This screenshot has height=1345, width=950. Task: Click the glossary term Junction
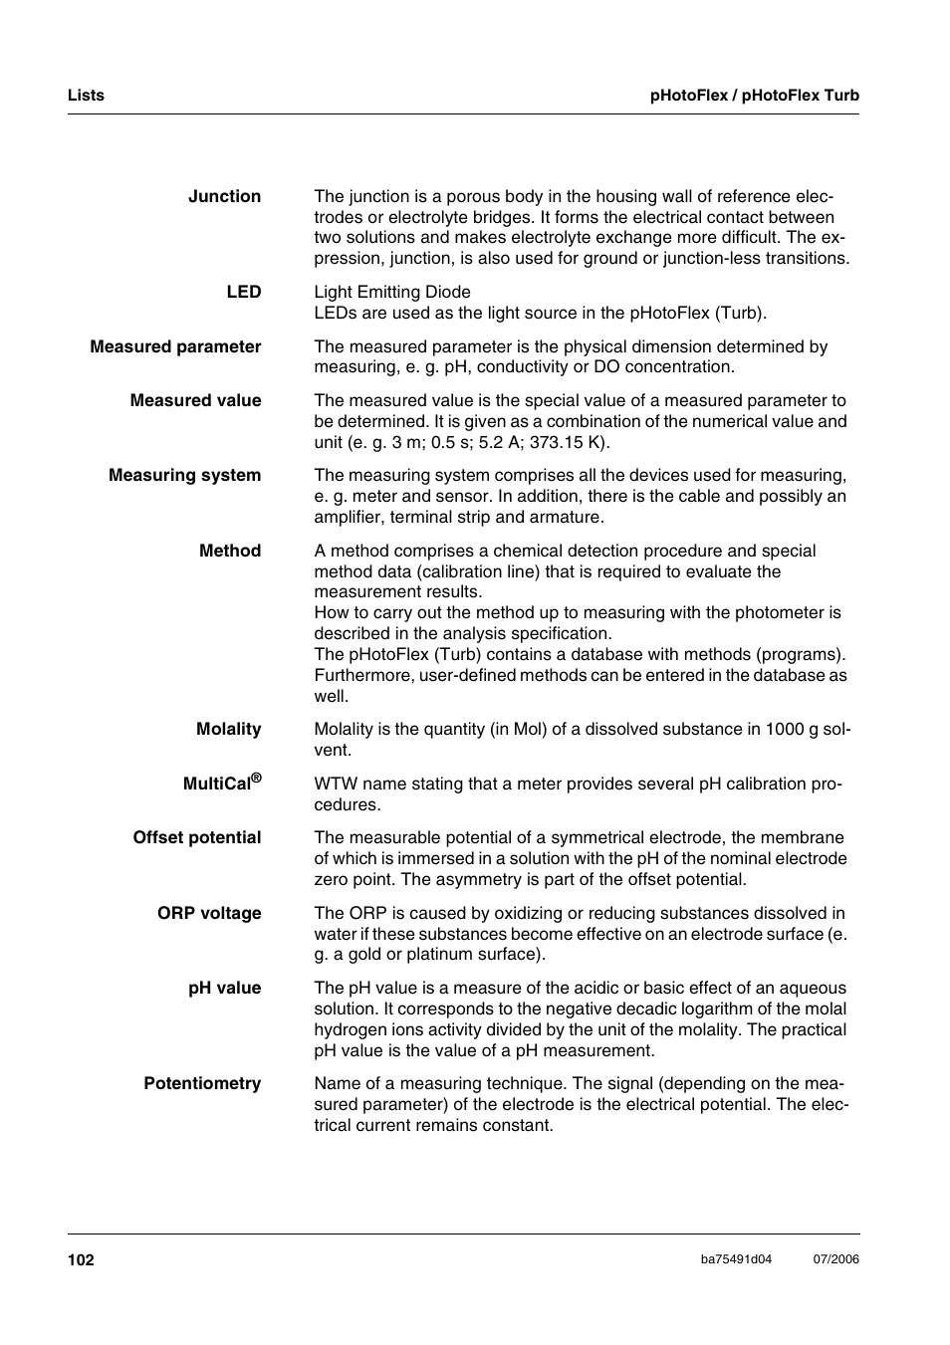(224, 197)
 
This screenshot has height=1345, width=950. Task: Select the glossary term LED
(243, 293)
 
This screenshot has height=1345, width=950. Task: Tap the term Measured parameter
(175, 347)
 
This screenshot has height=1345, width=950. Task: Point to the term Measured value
(195, 401)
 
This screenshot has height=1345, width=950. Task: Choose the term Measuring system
(184, 476)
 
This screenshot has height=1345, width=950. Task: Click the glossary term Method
(229, 552)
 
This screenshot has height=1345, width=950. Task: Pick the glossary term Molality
(228, 730)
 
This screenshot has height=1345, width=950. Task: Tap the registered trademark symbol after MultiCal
(256, 778)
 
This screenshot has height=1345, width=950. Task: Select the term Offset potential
(197, 838)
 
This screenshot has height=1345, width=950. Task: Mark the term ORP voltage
(209, 914)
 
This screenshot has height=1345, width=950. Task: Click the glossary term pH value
(224, 989)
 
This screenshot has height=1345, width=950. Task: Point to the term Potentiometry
(202, 1084)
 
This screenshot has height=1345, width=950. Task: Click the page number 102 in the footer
(81, 1260)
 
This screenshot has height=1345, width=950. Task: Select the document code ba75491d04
(736, 1259)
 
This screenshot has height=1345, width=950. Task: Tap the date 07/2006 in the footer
(835, 1259)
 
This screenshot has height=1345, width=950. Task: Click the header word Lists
(86, 96)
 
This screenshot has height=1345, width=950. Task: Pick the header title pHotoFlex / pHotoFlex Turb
(754, 96)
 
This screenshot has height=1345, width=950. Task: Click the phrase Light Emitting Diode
(392, 293)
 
